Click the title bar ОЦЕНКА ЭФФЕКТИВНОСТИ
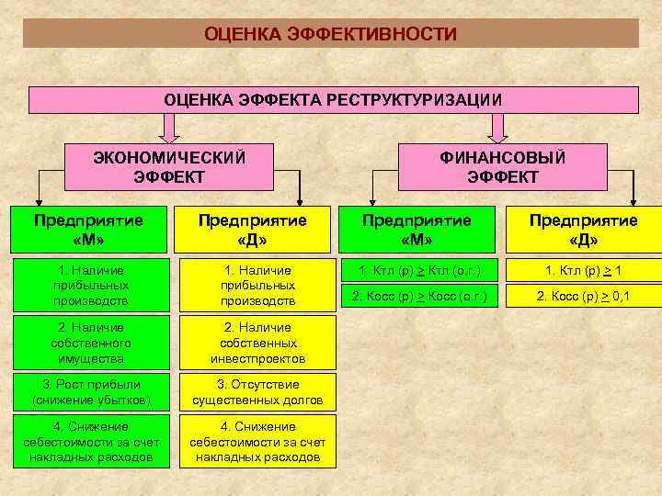point(330,34)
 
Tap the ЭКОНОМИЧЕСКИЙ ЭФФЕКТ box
point(169,166)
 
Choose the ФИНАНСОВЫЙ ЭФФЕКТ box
point(502,166)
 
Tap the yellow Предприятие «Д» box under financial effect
point(583,230)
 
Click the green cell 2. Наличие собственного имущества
point(90,342)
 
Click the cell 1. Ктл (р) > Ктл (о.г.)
point(418,270)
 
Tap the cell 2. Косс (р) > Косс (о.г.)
point(418,296)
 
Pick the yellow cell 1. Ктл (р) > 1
point(585,270)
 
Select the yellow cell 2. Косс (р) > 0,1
point(585,296)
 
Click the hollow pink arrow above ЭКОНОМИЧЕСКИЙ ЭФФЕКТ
point(169,127)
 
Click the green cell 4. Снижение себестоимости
point(90,442)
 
